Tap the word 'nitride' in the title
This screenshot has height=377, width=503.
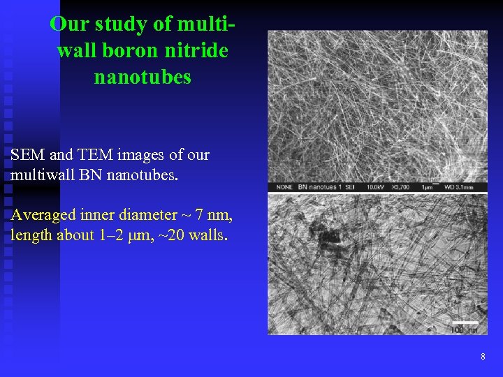click(x=200, y=51)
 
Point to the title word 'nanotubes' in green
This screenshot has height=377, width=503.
click(x=142, y=77)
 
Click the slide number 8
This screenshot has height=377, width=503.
click(x=483, y=357)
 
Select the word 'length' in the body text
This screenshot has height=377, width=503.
click(x=31, y=235)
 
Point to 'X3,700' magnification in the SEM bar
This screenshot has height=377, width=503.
click(x=399, y=188)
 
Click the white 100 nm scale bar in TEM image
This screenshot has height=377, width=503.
click(x=463, y=323)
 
